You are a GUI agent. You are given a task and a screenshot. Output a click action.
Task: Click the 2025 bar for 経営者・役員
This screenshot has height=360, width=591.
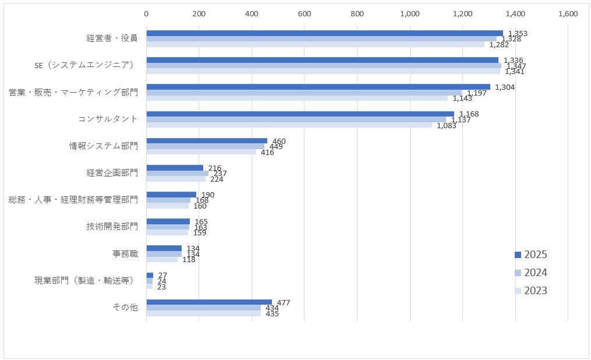click(324, 33)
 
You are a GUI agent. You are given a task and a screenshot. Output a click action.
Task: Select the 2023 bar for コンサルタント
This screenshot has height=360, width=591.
click(289, 125)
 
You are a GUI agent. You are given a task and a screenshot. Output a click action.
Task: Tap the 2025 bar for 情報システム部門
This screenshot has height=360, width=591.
click(207, 141)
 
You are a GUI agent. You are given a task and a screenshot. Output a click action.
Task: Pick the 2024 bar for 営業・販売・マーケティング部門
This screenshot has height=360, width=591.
click(304, 93)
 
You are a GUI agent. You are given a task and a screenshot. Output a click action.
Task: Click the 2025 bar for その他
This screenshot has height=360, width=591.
click(209, 302)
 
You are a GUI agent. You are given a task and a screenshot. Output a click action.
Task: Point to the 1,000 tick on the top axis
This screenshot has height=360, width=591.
click(410, 14)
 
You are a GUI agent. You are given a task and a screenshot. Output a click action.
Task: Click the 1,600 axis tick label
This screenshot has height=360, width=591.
click(568, 14)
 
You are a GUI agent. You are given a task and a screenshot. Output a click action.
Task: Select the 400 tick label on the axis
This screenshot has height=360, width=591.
click(252, 14)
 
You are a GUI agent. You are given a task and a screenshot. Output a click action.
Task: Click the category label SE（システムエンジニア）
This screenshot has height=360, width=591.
click(84, 65)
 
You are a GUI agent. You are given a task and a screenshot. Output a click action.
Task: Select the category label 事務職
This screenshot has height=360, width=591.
click(125, 254)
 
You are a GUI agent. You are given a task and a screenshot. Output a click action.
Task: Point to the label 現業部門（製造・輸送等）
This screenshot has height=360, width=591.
click(86, 281)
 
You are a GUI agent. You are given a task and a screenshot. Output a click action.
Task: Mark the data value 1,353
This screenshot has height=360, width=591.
click(518, 34)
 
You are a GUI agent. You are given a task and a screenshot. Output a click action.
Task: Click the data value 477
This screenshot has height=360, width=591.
click(284, 302)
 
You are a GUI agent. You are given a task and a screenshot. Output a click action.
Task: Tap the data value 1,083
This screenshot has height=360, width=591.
click(447, 126)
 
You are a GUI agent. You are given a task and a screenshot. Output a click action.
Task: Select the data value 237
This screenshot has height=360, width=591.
click(220, 174)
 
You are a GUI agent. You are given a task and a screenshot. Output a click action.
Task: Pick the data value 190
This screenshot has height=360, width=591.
click(208, 195)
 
